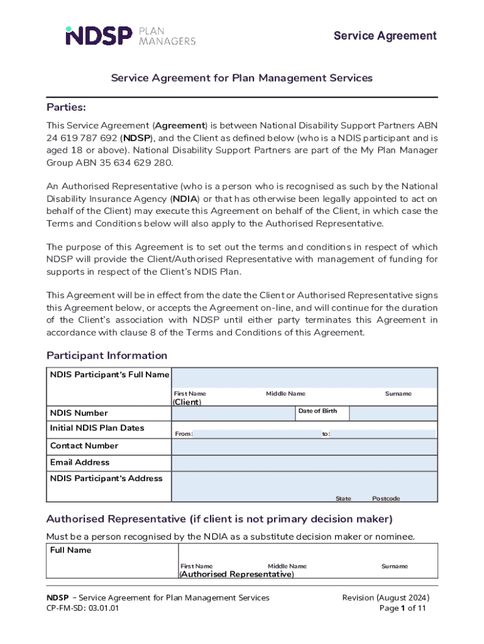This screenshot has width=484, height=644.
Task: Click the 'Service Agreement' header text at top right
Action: click(385, 36)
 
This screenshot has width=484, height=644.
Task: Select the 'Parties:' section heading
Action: click(66, 107)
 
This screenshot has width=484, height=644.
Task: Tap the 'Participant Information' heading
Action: click(107, 355)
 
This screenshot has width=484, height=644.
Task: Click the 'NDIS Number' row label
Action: click(79, 413)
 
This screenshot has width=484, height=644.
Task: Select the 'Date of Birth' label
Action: click(317, 411)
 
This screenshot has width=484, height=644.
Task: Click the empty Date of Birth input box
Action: click(393, 413)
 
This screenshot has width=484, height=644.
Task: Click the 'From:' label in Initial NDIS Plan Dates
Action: click(184, 434)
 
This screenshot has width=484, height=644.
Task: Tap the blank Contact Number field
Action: click(304, 447)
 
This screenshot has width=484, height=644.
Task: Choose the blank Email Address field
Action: click(304, 463)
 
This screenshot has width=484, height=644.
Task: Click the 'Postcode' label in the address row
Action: click(386, 499)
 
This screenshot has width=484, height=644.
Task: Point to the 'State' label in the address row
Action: click(343, 499)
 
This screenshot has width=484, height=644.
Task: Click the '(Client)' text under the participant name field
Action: click(187, 402)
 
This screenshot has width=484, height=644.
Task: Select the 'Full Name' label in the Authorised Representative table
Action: click(70, 550)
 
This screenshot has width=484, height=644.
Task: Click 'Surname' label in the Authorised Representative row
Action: click(394, 566)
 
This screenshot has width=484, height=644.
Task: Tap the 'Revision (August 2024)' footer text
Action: click(386, 597)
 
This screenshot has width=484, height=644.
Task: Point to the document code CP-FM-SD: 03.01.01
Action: click(82, 609)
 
